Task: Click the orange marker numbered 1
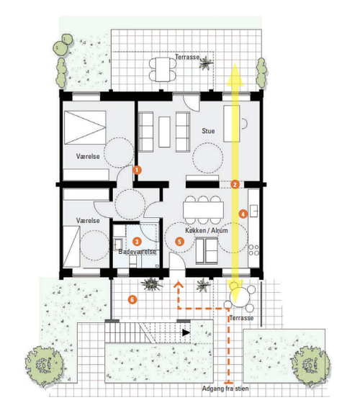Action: [137, 170]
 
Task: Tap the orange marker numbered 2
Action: [235, 184]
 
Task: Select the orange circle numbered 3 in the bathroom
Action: [137, 242]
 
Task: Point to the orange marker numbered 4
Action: [243, 214]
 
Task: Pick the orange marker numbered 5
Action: [179, 242]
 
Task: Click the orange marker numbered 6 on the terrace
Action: [132, 299]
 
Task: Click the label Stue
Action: [208, 131]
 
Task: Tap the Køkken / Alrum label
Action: [207, 230]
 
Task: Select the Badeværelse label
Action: [137, 252]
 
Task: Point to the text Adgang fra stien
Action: [225, 388]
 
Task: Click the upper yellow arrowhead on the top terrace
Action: [235, 75]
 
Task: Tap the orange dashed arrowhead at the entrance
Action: [179, 284]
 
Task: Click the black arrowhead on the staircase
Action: [186, 332]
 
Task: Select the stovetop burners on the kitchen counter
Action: [253, 250]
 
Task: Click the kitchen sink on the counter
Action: [253, 211]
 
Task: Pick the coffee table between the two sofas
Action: [164, 132]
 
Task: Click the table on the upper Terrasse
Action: [163, 69]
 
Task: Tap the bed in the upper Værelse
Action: [85, 127]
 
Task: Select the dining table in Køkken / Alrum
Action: [203, 209]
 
